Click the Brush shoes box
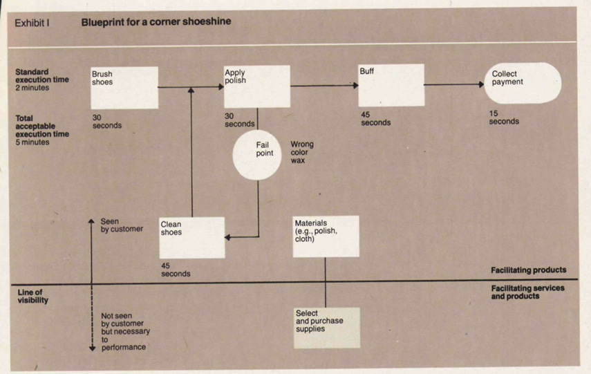(124, 87)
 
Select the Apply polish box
(257, 86)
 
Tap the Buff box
(391, 85)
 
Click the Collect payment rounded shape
(522, 83)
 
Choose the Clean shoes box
(192, 237)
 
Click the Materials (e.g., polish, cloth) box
(326, 236)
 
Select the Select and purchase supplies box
(327, 327)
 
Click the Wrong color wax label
(302, 152)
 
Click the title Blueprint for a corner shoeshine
(156, 21)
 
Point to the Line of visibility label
(33, 297)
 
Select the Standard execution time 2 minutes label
(41, 80)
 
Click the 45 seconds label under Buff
(375, 118)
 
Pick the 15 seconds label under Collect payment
(504, 118)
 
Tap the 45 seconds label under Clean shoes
(176, 270)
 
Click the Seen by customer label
(122, 225)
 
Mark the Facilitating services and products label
(527, 292)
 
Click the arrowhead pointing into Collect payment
(481, 84)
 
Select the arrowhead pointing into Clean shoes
(229, 238)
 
